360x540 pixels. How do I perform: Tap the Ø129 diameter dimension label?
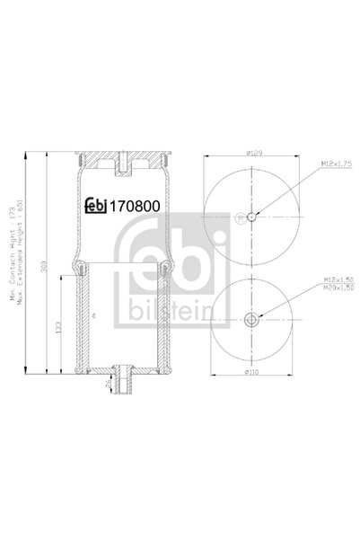point(254,155)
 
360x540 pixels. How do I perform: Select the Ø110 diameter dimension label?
point(254,371)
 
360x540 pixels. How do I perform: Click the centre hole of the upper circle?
point(254,217)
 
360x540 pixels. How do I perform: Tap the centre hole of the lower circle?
point(254,316)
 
